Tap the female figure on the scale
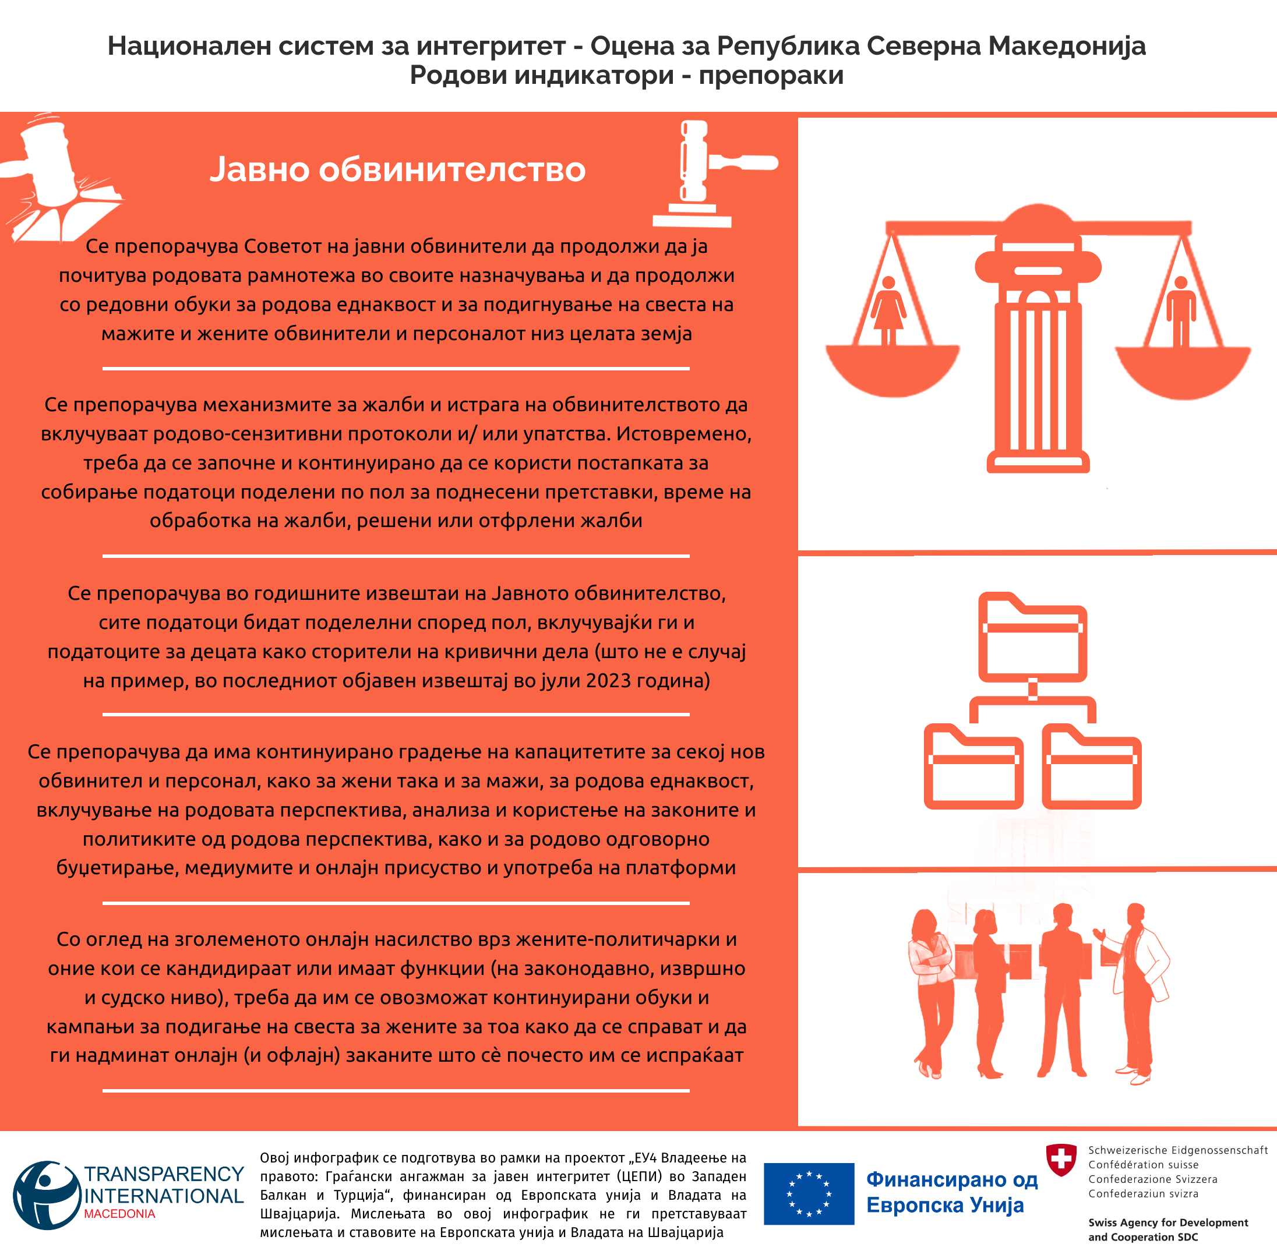click(x=888, y=310)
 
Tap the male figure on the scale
click(x=1180, y=311)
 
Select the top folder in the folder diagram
click(x=1032, y=638)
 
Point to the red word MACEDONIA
click(x=119, y=1214)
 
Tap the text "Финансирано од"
click(x=952, y=1179)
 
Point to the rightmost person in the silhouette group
click(x=1140, y=991)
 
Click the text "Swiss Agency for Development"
click(x=1168, y=1222)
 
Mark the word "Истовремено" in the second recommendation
click(x=683, y=434)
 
